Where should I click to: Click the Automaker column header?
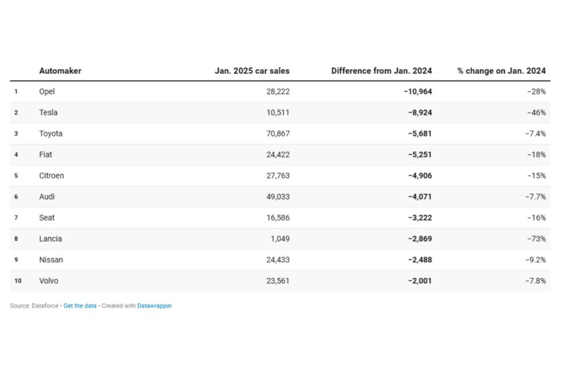click(x=60, y=71)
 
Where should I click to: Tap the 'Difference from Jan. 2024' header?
click(x=381, y=71)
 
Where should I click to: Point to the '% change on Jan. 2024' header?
click(x=501, y=71)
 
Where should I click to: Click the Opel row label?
click(x=47, y=91)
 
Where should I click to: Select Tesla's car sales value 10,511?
click(x=278, y=113)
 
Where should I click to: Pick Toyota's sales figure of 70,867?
click(x=278, y=134)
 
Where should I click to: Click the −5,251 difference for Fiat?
click(x=420, y=154)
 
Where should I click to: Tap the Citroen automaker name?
click(x=51, y=176)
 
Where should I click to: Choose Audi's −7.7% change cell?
click(x=536, y=197)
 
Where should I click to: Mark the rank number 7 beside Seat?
click(x=16, y=218)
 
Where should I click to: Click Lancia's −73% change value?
click(x=537, y=239)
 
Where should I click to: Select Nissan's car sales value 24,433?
click(x=278, y=260)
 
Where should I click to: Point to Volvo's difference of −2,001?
click(x=420, y=281)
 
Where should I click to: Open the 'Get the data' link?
click(x=80, y=306)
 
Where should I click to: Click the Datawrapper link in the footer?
click(x=154, y=306)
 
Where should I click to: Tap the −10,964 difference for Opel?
click(x=417, y=91)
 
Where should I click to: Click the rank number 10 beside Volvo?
click(x=18, y=281)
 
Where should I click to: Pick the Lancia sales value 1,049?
click(x=280, y=239)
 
